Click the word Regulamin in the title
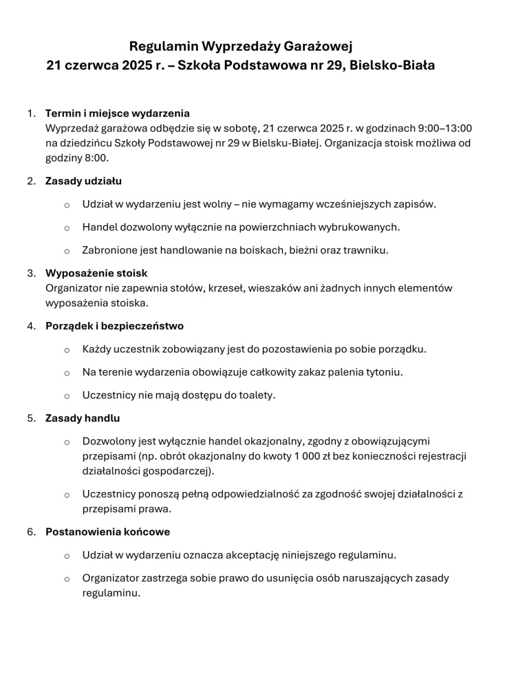163,47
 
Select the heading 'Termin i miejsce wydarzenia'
118,113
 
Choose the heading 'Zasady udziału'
84,182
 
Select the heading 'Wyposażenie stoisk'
96,273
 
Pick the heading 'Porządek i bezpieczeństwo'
114,325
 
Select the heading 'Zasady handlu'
83,418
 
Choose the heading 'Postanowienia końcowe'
107,532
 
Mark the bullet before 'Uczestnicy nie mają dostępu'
67,396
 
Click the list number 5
30,418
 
